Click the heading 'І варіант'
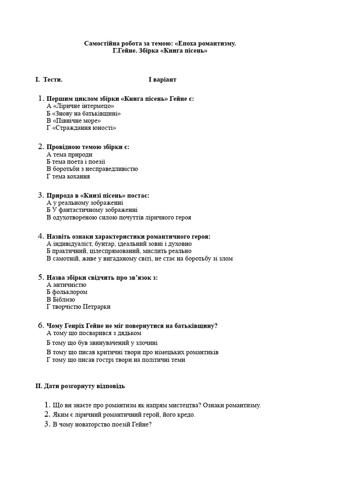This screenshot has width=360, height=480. coord(162,80)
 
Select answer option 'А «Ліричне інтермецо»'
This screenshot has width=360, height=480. coord(80,106)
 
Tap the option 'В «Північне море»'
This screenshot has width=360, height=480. coord(74,120)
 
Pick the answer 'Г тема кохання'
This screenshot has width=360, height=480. coord(68,176)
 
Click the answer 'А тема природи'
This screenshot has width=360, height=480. coord(69,154)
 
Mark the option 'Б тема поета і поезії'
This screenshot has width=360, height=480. coord(79,162)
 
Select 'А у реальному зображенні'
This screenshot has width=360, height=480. coord(85,202)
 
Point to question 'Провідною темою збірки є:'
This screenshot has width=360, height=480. coord(88,147)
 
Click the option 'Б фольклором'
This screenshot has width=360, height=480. coord(67,292)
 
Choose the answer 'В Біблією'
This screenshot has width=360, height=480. coord(61,299)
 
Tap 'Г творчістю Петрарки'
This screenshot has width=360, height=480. coord(78,307)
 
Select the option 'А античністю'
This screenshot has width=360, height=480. coord(67,285)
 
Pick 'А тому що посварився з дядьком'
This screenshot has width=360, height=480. coord(94,333)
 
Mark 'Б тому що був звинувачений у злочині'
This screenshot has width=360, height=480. coord(102,343)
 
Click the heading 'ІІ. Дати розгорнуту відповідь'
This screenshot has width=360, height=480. coord(80,386)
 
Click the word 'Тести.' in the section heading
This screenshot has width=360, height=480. coord(53,80)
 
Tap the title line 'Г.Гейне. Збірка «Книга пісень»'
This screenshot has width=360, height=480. coord(160,51)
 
